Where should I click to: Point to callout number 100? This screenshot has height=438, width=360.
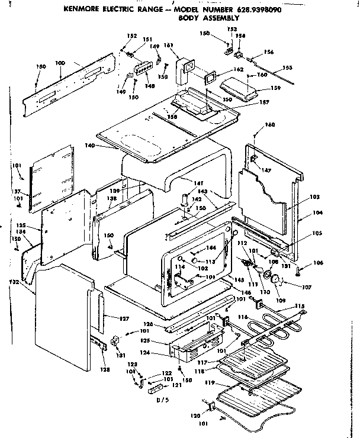(x=60, y=63)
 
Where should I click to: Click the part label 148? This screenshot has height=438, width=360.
(x=150, y=86)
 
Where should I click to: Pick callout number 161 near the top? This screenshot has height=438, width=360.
(x=168, y=46)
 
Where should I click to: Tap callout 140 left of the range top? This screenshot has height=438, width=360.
(x=89, y=145)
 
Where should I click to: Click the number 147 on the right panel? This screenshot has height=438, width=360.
(x=267, y=170)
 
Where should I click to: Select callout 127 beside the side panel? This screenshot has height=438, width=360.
(x=124, y=319)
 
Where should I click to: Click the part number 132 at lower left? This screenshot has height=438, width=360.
(x=15, y=282)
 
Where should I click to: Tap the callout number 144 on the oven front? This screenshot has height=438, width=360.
(x=211, y=248)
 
